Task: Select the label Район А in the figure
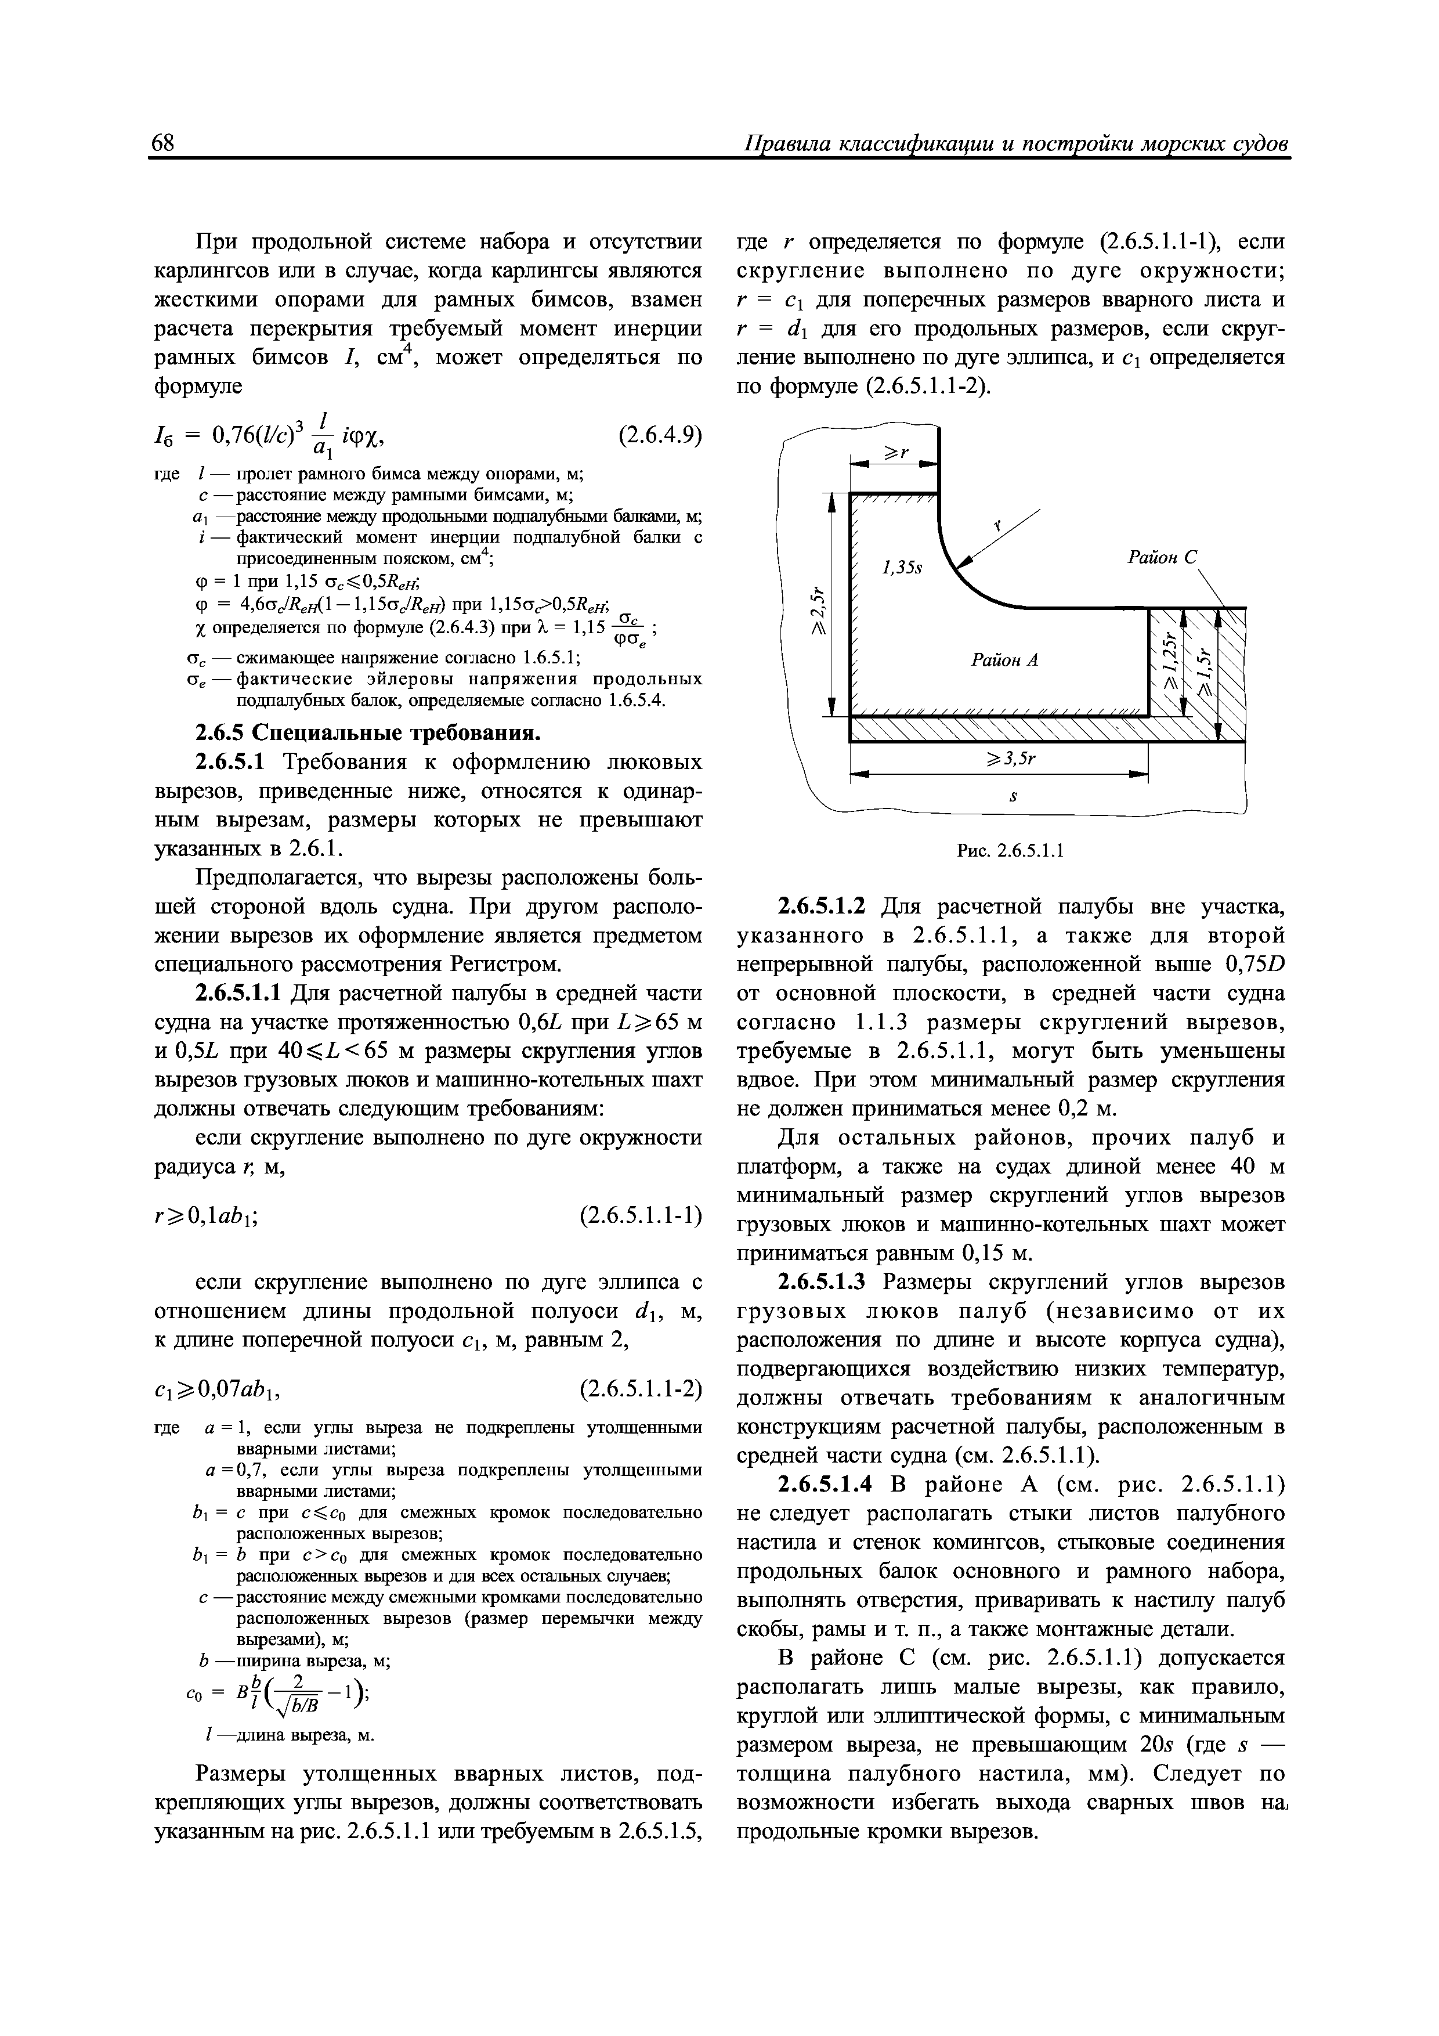(x=1004, y=660)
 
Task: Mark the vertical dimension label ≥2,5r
(x=820, y=608)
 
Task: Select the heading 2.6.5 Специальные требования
(x=367, y=734)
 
